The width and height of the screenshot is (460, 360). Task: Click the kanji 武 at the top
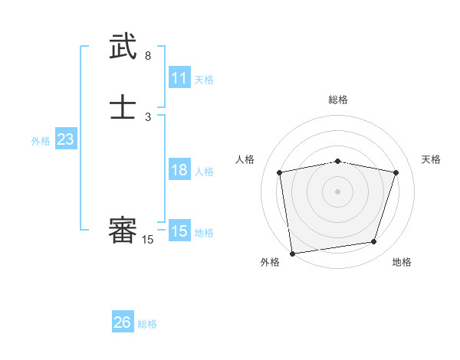(x=123, y=48)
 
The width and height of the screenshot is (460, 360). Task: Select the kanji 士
(x=123, y=107)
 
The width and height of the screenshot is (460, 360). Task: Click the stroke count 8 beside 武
(x=148, y=56)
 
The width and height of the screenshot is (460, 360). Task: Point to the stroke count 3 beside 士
(x=148, y=116)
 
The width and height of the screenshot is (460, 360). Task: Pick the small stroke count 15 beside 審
(x=148, y=240)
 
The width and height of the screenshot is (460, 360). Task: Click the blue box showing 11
(x=179, y=78)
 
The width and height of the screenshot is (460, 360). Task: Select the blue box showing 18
(x=179, y=170)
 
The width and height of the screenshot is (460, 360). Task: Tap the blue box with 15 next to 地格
(x=179, y=231)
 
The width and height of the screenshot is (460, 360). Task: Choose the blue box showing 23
(x=66, y=139)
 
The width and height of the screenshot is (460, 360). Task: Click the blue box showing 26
(x=123, y=322)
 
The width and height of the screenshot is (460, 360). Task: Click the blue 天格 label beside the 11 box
(x=204, y=80)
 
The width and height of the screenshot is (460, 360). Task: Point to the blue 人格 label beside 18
(x=204, y=172)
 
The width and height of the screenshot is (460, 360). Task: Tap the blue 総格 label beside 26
(x=147, y=324)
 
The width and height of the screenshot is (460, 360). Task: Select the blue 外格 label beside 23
(x=41, y=141)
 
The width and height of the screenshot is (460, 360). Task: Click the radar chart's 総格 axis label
(x=337, y=100)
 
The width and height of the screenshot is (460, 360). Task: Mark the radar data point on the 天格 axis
(x=396, y=172)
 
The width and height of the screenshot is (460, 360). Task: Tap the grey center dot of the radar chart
(x=337, y=191)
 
